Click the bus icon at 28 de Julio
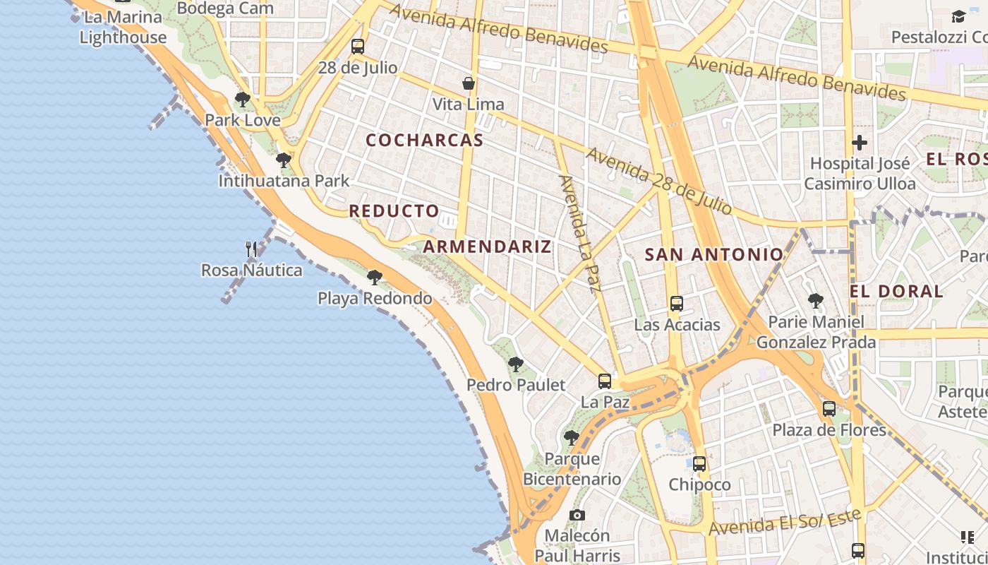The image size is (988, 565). [x=358, y=47]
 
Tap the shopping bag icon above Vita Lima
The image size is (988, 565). [x=469, y=83]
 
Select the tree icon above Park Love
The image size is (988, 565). [x=243, y=100]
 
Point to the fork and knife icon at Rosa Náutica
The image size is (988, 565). [x=251, y=249]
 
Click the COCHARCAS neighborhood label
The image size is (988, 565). [x=425, y=140]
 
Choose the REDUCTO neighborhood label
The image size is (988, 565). [x=394, y=210]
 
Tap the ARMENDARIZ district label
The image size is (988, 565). [x=487, y=246]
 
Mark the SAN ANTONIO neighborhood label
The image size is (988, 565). [x=714, y=254]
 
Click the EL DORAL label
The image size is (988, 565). [x=896, y=291]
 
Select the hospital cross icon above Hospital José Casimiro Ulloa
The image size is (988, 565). [x=859, y=143]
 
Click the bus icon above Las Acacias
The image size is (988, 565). [x=676, y=304]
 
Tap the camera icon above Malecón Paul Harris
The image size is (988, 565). [x=577, y=515]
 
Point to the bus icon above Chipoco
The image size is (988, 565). [x=699, y=464]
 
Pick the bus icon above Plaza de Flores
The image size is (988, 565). [x=829, y=408]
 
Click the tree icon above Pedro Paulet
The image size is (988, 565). [x=516, y=364]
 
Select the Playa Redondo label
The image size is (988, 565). [x=375, y=298]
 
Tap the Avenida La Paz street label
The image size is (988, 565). [x=579, y=233]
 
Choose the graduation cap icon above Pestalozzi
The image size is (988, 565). [x=958, y=16]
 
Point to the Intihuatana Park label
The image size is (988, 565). [x=284, y=181]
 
